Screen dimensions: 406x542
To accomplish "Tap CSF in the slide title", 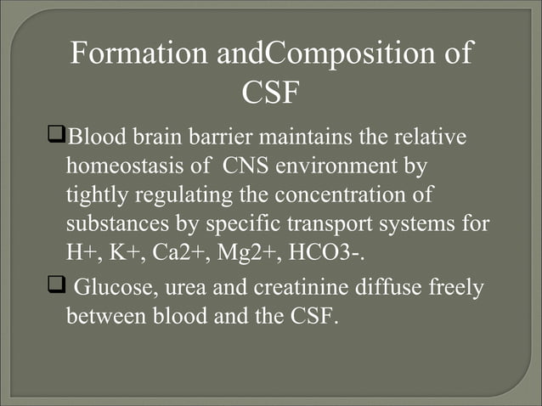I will pyautogui.click(x=270, y=93).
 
